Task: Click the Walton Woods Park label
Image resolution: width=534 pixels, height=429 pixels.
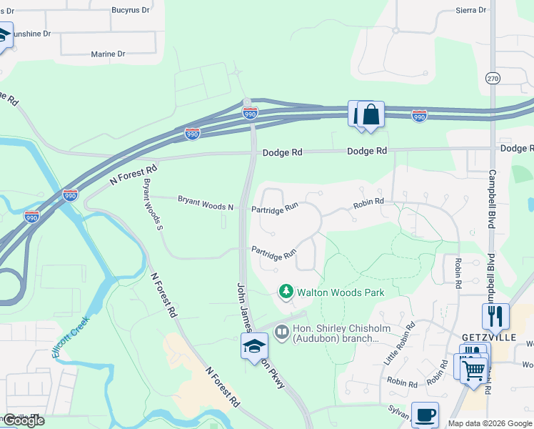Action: [341, 292]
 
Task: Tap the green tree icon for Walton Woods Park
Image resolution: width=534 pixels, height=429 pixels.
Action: [286, 291]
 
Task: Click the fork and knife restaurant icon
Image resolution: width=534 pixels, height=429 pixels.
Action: [495, 315]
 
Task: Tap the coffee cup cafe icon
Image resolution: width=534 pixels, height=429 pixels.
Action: [425, 415]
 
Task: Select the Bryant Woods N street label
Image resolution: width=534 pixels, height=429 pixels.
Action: [206, 205]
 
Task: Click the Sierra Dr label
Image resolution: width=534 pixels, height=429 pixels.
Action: [470, 11]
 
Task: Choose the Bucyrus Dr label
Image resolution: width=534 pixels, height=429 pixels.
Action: [131, 11]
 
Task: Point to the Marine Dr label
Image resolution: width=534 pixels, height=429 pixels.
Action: [108, 54]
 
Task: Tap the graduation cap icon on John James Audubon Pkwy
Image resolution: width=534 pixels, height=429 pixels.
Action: [254, 347]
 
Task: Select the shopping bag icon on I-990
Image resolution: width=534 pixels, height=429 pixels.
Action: [371, 114]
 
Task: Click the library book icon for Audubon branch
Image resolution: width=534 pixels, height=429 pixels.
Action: [282, 332]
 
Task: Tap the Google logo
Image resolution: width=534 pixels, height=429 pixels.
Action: [23, 420]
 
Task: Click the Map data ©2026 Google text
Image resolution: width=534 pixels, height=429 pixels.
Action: [490, 423]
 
